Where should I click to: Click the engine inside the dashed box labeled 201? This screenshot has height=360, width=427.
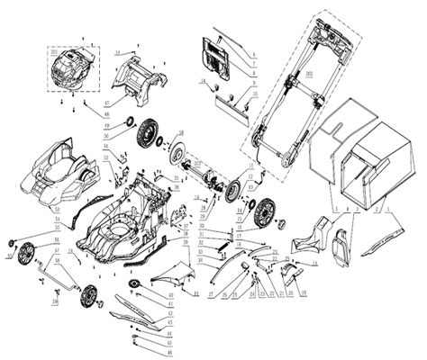click(x=71, y=69)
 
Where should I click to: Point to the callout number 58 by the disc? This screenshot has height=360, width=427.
click(x=181, y=132)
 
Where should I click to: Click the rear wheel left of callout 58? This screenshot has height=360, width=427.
click(x=147, y=139)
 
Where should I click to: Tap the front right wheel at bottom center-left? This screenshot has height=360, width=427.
click(x=88, y=296)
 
